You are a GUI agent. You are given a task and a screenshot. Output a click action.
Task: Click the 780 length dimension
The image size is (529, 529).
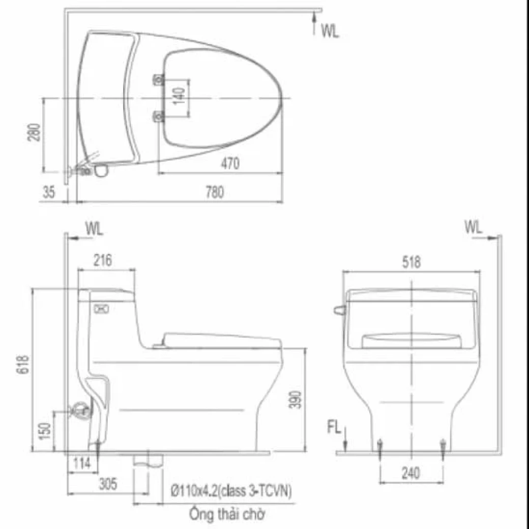tap(214, 192)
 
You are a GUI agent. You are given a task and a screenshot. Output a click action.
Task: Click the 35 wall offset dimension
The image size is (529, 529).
tap(49, 192)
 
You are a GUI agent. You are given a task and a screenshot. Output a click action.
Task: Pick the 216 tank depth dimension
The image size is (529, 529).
tap(104, 261)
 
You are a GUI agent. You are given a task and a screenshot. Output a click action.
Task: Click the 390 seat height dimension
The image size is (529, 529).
tap(299, 400)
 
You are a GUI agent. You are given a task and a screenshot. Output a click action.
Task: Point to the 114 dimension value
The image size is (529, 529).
tap(81, 463)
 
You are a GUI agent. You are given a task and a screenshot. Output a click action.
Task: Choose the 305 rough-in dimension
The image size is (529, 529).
tap(107, 484)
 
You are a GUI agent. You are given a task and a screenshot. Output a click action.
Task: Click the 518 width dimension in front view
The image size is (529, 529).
tap(411, 262)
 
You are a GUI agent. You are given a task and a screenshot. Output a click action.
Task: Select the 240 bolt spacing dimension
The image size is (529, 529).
tap(410, 473)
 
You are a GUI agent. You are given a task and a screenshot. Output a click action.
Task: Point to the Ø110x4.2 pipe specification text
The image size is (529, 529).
tap(232, 492)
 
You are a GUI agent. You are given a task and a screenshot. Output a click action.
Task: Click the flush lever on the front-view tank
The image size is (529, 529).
tap(338, 310)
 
